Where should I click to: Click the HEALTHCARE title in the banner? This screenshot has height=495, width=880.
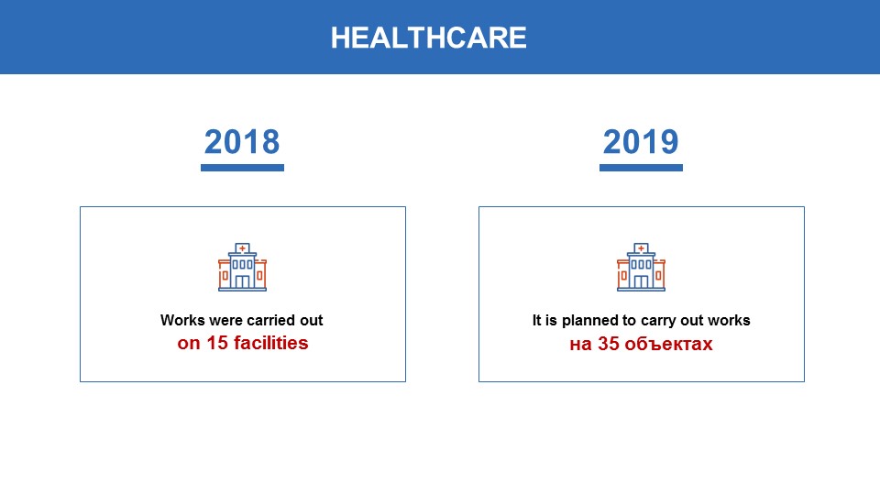pos(429,38)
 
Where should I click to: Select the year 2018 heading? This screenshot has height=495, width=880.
pos(242,141)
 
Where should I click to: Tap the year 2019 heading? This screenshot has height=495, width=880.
pos(641,141)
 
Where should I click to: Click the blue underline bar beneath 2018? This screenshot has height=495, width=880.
pos(242,167)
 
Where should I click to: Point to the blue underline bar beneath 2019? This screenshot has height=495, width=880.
pos(641,167)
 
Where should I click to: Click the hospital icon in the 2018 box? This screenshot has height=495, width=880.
pos(242,267)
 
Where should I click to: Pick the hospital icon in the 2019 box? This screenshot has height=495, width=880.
pos(641,267)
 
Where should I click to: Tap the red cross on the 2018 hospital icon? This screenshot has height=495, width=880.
pos(242,248)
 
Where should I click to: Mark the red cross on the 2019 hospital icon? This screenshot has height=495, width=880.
pos(641,248)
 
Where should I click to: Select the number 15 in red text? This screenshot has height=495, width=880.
pos(217,342)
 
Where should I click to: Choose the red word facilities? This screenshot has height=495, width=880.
pos(271,342)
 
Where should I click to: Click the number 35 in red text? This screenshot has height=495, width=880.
pos(609,344)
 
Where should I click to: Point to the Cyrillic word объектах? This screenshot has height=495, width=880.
pos(668,344)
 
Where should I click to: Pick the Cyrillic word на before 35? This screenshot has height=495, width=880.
pos(580,344)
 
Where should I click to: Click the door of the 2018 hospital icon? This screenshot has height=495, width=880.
pos(242,281)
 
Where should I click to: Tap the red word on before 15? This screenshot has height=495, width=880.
pos(189,343)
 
